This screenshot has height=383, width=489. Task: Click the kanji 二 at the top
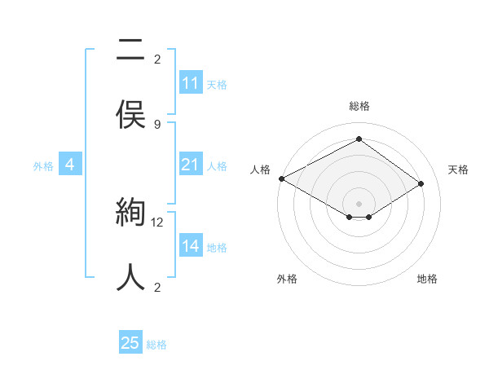tap(130, 51)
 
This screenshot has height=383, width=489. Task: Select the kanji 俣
tap(130, 115)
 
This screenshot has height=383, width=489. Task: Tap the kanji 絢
tap(130, 214)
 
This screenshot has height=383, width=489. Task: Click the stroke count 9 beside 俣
tap(157, 124)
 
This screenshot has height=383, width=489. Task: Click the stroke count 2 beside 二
tap(157, 59)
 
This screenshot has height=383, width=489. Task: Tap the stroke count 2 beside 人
tap(157, 287)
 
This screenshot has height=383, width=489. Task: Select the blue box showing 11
tap(191, 83)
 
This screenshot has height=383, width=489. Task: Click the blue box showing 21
tap(191, 165)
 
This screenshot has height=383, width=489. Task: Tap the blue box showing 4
tap(70, 165)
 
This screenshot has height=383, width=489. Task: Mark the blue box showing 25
tap(130, 343)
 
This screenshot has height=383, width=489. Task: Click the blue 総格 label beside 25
tap(156, 345)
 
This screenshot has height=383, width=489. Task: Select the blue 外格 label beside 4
tap(43, 166)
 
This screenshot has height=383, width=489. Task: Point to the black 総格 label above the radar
tap(359, 106)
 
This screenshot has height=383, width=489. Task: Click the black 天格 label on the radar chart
tap(458, 169)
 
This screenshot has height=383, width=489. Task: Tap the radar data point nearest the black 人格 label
tap(281, 178)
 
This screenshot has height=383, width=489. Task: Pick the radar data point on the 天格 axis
tap(421, 184)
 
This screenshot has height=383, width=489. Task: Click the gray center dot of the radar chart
tap(359, 203)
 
